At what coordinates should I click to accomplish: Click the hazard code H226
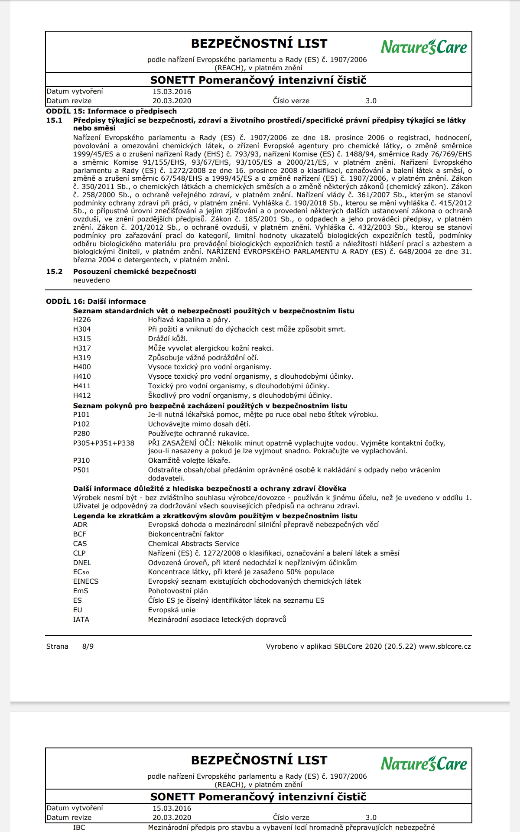pyautogui.click(x=82, y=320)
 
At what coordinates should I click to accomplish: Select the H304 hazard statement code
pyautogui.click(x=82, y=329)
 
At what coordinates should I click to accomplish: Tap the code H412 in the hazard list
pyautogui.click(x=82, y=396)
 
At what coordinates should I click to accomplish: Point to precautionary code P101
pyautogui.click(x=81, y=415)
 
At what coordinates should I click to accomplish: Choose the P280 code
pyautogui.click(x=81, y=434)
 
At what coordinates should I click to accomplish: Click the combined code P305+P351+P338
pyautogui.click(x=104, y=443)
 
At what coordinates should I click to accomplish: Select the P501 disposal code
pyautogui.click(x=81, y=470)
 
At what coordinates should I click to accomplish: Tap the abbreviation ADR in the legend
pyautogui.click(x=80, y=525)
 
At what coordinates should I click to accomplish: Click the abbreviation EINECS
pyautogui.click(x=86, y=582)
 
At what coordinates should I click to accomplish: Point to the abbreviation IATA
pyautogui.click(x=81, y=620)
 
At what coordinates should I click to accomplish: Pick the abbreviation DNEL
pyautogui.click(x=82, y=563)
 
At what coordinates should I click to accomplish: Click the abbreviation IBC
pyautogui.click(x=79, y=828)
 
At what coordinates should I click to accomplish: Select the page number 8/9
pyautogui.click(x=88, y=647)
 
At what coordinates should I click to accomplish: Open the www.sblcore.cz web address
pyautogui.click(x=445, y=647)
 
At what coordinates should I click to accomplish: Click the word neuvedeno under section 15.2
pyautogui.click(x=91, y=280)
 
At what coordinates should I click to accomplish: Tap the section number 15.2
pyautogui.click(x=54, y=272)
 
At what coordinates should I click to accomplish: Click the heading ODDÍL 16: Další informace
pyautogui.click(x=96, y=302)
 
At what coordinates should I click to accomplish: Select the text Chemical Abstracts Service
pyautogui.click(x=194, y=544)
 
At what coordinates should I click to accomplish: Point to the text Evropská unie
pyautogui.click(x=172, y=610)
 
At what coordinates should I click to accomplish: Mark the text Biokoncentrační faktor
pyautogui.click(x=186, y=534)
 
